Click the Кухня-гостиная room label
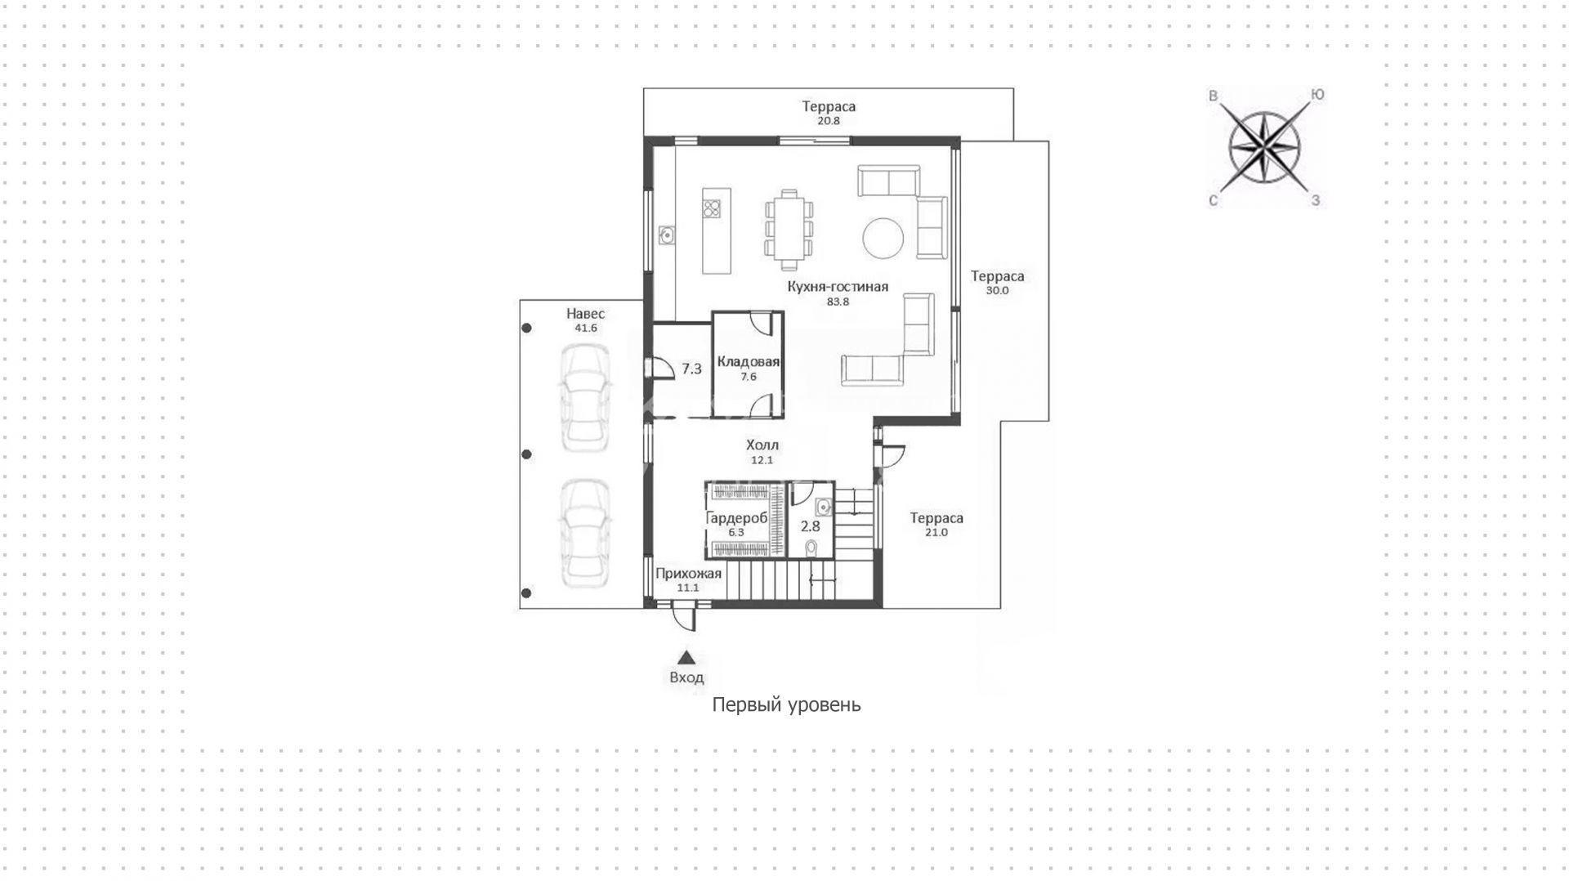838,287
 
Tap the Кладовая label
749,362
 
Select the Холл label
762,445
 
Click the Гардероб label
736,518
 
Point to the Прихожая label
689,574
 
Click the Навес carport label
586,314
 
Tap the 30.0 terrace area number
998,290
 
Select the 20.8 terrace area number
829,120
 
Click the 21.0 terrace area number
936,532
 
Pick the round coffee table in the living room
883,237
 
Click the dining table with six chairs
789,230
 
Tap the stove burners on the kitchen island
712,209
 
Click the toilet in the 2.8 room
811,546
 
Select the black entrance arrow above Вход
686,657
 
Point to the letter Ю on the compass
1317,95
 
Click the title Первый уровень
786,704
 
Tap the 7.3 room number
692,369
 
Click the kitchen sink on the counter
667,235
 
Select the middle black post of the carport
527,454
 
